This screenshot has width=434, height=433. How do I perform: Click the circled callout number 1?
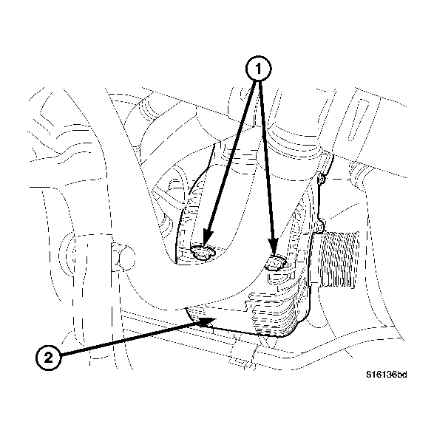tap(259, 69)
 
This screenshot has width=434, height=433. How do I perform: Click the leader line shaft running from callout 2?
tap(126, 339)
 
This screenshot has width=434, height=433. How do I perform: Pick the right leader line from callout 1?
tap(267, 163)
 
